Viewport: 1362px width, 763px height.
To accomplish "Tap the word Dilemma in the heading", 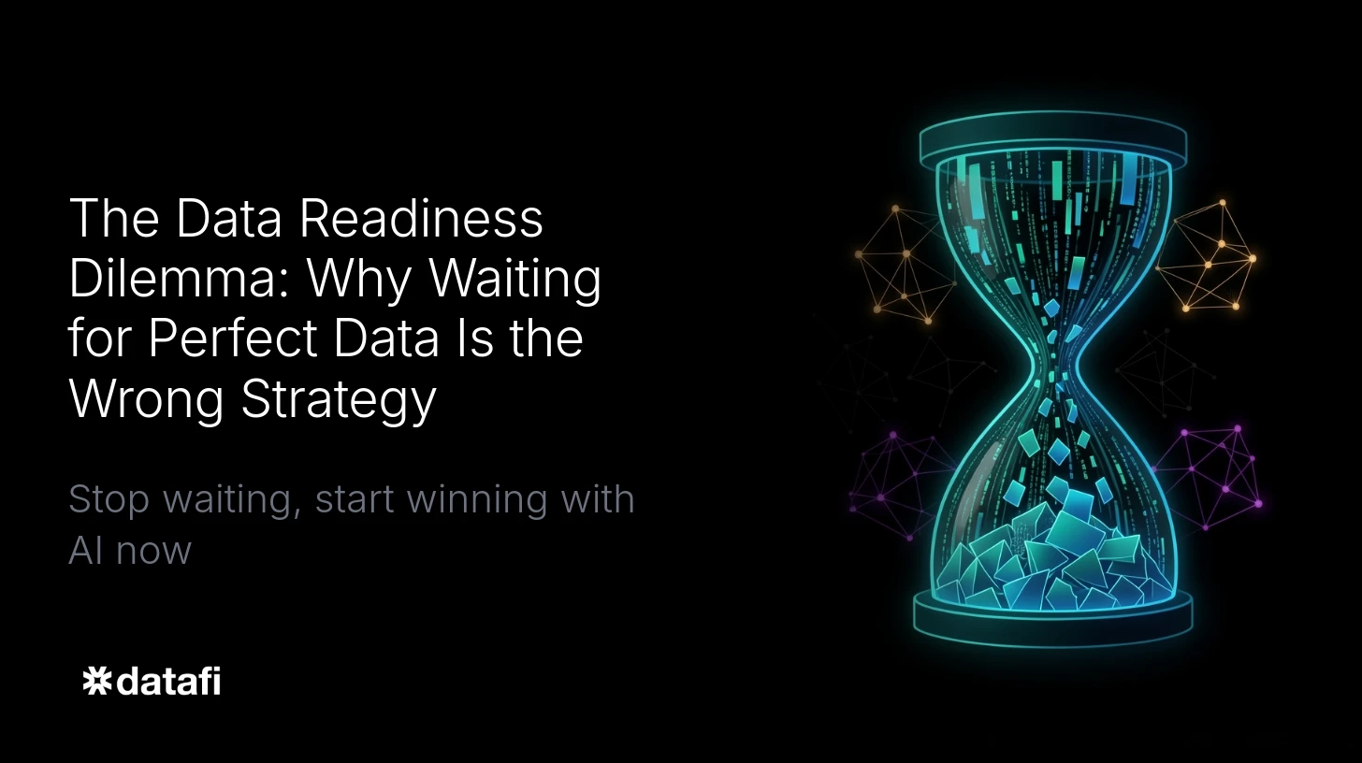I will [174, 279].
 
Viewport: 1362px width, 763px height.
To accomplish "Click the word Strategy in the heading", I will [339, 398].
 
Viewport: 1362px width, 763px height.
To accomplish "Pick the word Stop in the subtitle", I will [109, 498].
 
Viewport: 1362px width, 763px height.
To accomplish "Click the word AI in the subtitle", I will [85, 550].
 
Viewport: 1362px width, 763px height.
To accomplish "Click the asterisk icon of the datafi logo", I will [96, 682].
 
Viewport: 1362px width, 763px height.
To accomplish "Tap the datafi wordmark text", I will [168, 681].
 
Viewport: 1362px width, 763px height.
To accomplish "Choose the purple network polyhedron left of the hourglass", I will [893, 482].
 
